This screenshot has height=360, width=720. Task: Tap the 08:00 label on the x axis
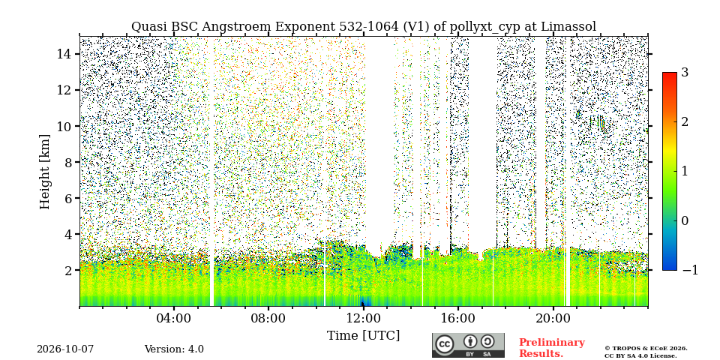(268, 318)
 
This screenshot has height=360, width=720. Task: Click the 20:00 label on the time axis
(553, 318)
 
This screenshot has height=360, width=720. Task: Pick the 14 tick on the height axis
(64, 54)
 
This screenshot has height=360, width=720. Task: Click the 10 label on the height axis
(64, 126)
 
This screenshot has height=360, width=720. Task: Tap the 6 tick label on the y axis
(68, 198)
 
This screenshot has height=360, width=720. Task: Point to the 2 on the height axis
(68, 270)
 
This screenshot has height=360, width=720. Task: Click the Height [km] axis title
(44, 172)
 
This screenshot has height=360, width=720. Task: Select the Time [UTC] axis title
(363, 336)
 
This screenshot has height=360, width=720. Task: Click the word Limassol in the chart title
(568, 27)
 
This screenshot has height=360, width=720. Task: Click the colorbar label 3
(685, 73)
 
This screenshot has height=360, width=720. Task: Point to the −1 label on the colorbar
(690, 270)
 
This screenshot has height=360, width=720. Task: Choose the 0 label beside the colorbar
(685, 220)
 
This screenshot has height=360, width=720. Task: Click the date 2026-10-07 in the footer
(65, 349)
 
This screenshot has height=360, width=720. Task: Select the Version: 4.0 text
(174, 349)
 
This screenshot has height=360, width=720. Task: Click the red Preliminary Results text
(551, 348)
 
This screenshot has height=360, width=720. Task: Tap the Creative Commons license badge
(468, 345)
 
